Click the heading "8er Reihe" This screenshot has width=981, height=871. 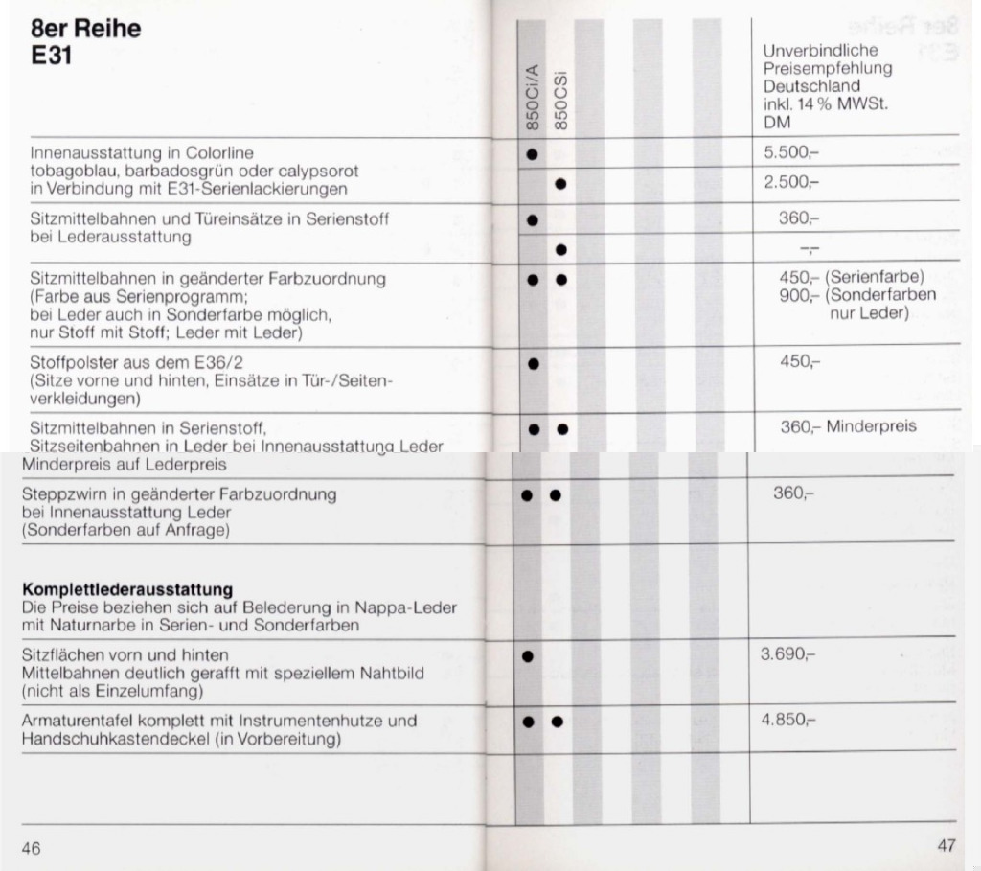(85, 29)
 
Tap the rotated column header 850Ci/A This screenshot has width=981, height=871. (533, 96)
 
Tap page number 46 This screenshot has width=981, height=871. (31, 848)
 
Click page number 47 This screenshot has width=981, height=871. (947, 845)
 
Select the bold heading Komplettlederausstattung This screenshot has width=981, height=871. (127, 589)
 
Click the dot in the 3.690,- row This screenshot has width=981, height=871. (526, 656)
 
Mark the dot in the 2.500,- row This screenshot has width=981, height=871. (560, 183)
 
